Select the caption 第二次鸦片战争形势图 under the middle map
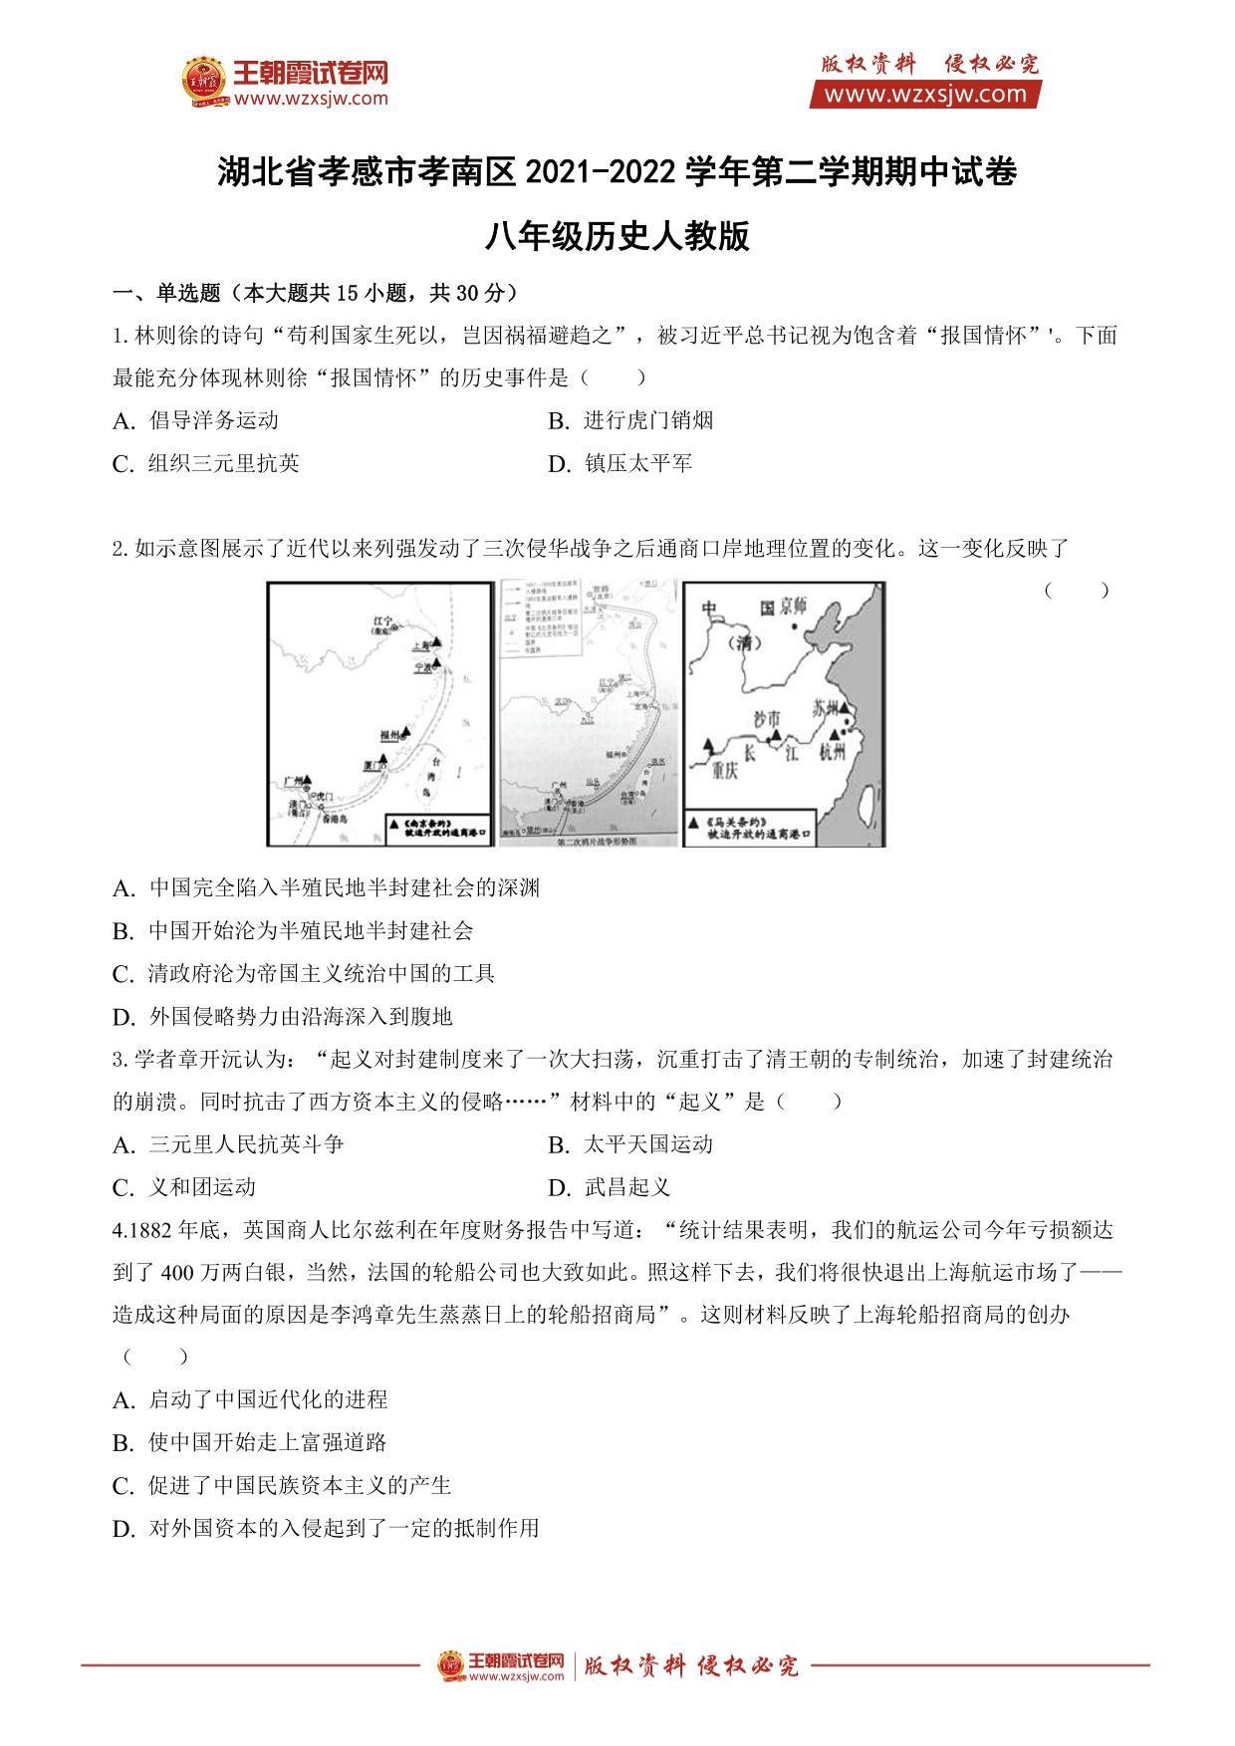click(x=588, y=842)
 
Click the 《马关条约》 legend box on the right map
click(x=752, y=828)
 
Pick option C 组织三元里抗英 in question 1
click(x=223, y=464)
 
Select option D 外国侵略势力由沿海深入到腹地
click(x=300, y=1017)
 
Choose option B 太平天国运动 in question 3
click(x=647, y=1144)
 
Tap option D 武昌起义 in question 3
click(x=626, y=1187)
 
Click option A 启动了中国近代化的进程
click(x=267, y=1400)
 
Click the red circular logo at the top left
click(x=206, y=82)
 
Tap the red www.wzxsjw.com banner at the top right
click(x=925, y=95)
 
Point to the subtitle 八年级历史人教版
click(x=617, y=237)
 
